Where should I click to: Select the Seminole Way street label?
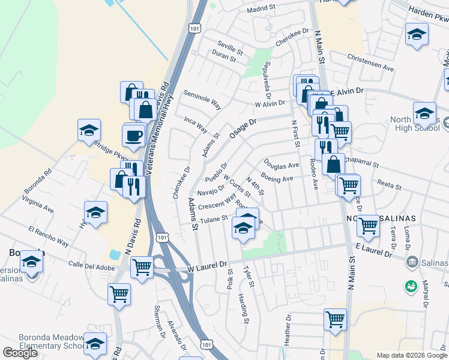(202, 98)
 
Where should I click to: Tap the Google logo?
(20, 353)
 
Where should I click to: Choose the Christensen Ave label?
(370, 62)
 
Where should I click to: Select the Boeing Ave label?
(277, 178)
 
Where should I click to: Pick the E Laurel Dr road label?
(373, 250)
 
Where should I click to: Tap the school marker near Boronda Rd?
(88, 130)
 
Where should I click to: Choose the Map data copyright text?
(411, 355)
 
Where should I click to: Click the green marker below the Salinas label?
(411, 286)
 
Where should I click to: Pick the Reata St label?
(388, 185)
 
